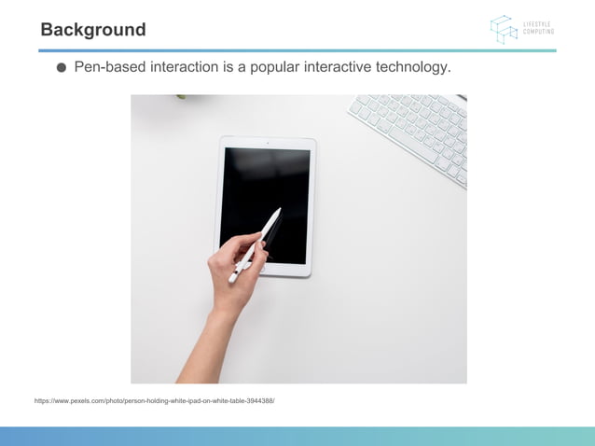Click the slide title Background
[93, 30]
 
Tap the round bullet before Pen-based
[62, 68]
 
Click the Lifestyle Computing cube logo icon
[504, 29]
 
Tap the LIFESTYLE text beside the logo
[537, 24]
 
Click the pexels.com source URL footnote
[155, 400]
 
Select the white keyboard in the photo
[410, 136]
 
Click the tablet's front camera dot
[268, 143]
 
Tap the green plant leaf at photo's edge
[181, 96]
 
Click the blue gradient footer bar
[297, 436]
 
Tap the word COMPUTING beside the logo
[538, 32]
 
